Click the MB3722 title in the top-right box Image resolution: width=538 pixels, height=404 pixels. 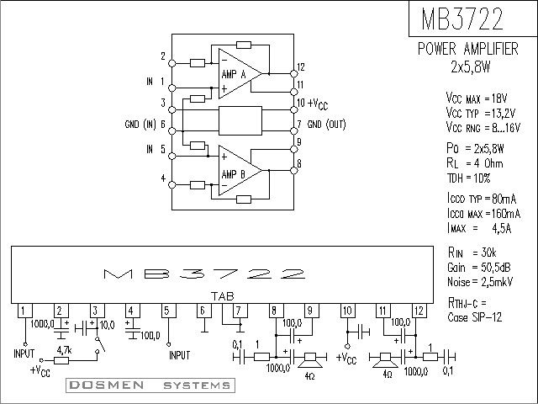tap(462, 19)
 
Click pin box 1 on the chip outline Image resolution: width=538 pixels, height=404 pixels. tap(25, 311)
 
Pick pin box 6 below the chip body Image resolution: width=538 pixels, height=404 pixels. tap(204, 311)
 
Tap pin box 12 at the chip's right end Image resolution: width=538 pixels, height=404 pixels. tap(419, 311)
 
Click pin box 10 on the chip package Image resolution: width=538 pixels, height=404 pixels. tap(347, 311)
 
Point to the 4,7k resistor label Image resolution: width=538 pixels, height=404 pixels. tap(64, 350)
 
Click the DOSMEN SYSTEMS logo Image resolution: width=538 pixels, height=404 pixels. tap(150, 385)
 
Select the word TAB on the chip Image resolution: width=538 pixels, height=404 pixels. tap(222, 296)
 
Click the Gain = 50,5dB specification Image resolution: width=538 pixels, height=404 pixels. tap(478, 268)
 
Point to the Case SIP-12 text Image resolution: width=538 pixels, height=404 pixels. tap(474, 317)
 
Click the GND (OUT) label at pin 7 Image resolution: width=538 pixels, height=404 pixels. tap(327, 125)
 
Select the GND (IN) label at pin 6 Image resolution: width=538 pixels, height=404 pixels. tap(140, 125)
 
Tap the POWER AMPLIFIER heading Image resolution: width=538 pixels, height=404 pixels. tap(468, 49)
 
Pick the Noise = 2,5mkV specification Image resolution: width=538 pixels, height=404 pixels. tap(480, 282)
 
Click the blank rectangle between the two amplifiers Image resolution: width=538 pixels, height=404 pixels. tap(240, 120)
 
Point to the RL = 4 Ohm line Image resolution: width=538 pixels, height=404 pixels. tap(474, 163)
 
